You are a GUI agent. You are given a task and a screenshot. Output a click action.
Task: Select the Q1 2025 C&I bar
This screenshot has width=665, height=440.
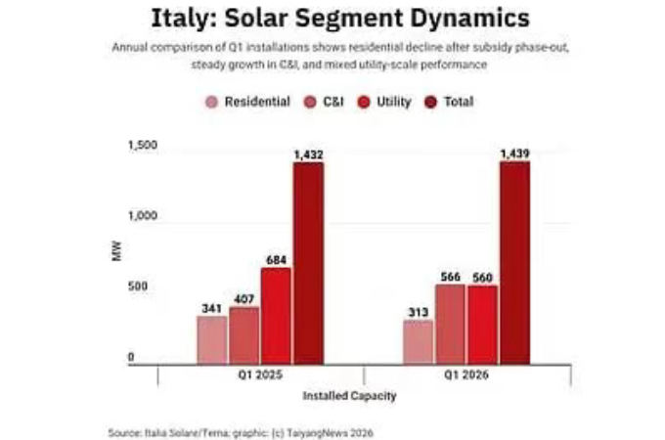(x=244, y=334)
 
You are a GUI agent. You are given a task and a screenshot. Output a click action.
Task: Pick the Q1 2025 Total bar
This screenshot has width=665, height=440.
(x=308, y=262)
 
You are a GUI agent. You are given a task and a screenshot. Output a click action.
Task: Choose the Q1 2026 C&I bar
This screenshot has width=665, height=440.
(x=450, y=324)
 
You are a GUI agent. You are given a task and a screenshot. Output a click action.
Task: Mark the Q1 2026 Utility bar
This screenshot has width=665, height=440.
(x=482, y=324)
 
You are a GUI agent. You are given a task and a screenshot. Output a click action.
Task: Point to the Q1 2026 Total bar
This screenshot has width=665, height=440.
(x=514, y=262)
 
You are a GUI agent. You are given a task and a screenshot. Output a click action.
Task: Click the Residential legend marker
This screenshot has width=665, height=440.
(x=211, y=102)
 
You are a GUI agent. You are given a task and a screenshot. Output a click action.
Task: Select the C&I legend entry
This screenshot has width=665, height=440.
(x=324, y=102)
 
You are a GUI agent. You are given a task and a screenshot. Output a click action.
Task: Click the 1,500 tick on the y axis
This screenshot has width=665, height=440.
(x=142, y=146)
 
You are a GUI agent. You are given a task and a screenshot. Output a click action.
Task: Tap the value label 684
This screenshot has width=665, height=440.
(x=276, y=259)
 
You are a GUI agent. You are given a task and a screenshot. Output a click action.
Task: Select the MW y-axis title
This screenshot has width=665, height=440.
(x=116, y=252)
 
